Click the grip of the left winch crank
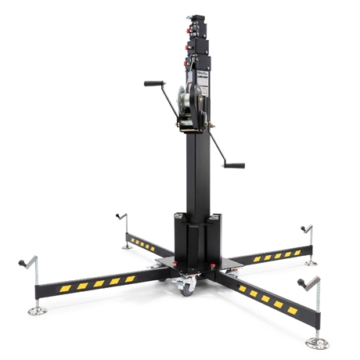(153, 83)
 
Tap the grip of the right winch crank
(233, 165)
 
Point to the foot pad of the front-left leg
(37, 311)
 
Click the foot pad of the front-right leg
(316, 343)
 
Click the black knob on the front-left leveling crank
(22, 264)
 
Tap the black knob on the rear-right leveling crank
(304, 229)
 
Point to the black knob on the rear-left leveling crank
(118, 214)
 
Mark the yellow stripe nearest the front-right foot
(292, 311)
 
